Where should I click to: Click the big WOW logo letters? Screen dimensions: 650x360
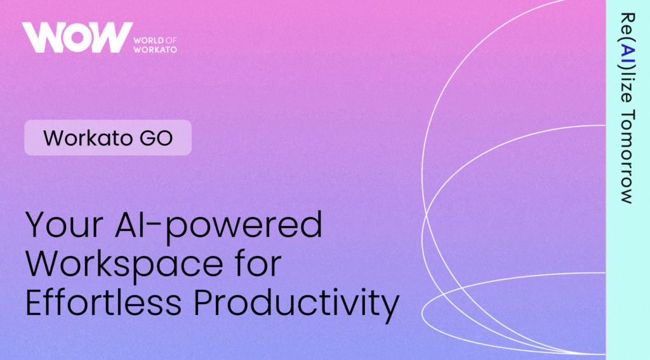tap(77, 37)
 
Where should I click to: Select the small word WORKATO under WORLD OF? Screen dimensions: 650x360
tap(155, 50)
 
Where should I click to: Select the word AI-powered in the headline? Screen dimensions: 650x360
tap(218, 227)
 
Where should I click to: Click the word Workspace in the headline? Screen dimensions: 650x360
tap(124, 265)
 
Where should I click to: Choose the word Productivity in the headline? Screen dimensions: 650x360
tap(296, 304)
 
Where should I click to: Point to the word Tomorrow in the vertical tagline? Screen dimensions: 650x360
tap(628, 157)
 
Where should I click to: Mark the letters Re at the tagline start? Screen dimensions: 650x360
tap(628, 25)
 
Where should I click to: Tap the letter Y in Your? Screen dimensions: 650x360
tap(36, 224)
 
